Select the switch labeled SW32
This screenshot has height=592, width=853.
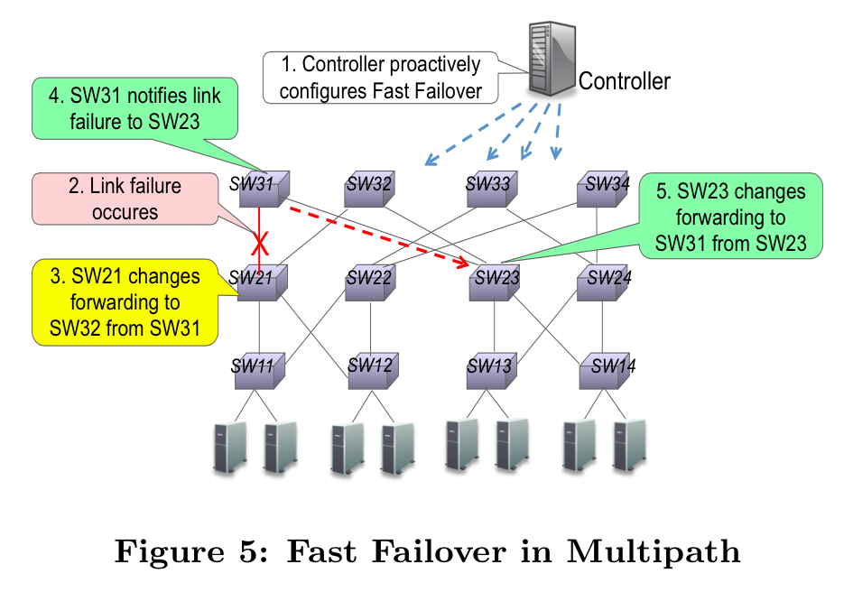click(369, 189)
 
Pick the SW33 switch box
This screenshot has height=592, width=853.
click(488, 189)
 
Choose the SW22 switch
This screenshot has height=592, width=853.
click(369, 282)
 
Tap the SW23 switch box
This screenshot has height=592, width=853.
click(496, 282)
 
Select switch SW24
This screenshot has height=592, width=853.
click(602, 282)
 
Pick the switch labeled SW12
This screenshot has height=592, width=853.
click(370, 369)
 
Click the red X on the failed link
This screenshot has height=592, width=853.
click(260, 243)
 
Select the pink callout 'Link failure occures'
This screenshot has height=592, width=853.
click(125, 199)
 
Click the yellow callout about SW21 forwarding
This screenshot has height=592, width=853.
click(126, 302)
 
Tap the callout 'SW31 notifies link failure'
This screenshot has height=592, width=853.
click(134, 108)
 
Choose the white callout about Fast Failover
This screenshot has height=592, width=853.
click(380, 78)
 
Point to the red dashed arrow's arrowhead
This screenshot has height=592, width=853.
click(465, 264)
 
